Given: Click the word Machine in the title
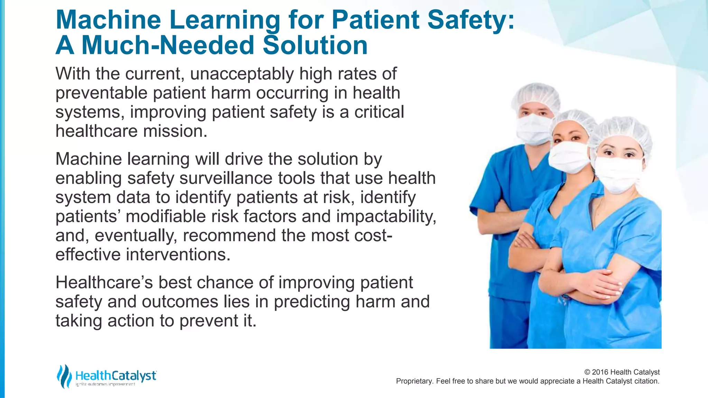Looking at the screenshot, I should (108, 20).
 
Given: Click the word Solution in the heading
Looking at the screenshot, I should (315, 46).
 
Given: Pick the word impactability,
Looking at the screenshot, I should (386, 217).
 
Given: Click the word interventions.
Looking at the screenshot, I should (178, 255).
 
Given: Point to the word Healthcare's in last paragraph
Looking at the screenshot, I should (104, 283).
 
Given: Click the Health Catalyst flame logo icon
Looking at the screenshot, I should (64, 376).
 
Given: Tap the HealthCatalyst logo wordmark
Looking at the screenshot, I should (115, 376).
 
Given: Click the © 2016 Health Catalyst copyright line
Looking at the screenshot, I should (622, 372).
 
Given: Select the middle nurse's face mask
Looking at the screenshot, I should (568, 157).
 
